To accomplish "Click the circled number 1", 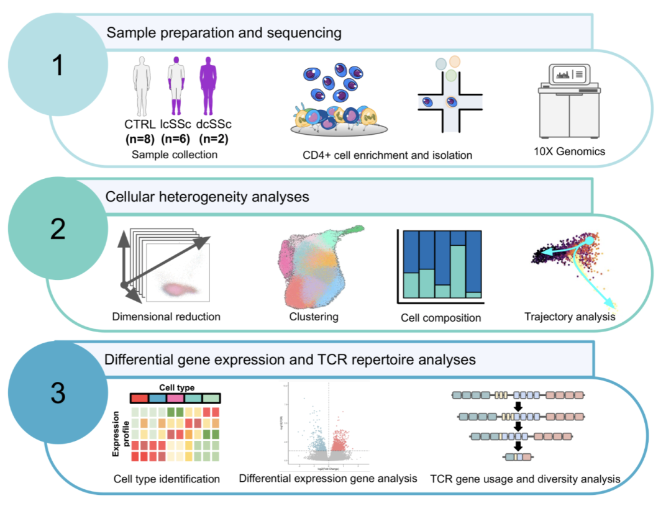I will click(x=58, y=66).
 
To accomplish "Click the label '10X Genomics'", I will click(x=570, y=151).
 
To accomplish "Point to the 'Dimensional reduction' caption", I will click(x=166, y=317).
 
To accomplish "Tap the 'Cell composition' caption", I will click(x=441, y=318).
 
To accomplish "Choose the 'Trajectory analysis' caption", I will click(x=570, y=317).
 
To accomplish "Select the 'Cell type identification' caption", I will click(x=167, y=479).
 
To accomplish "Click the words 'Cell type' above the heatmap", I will click(x=176, y=387).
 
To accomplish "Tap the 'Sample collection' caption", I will click(x=175, y=154).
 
